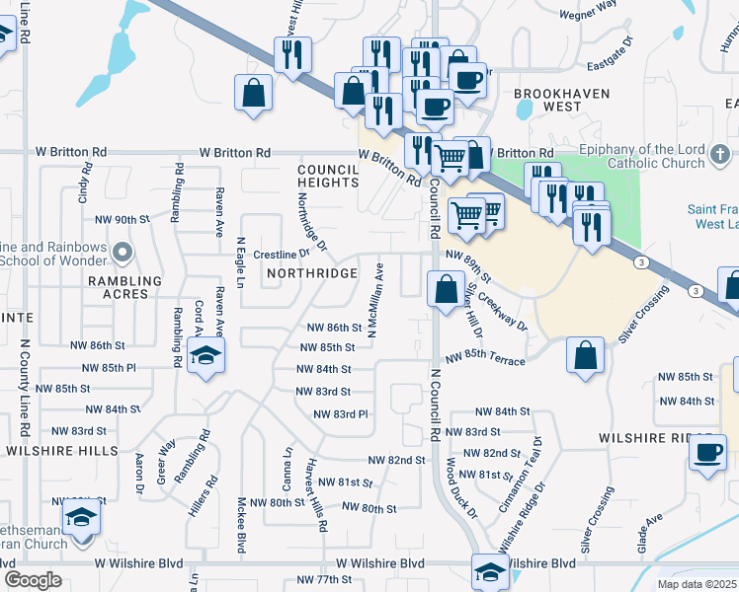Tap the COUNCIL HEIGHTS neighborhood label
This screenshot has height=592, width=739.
point(328,176)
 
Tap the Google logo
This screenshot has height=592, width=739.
point(34,579)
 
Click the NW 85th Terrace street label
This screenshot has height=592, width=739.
point(485,361)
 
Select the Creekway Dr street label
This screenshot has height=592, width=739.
point(505,305)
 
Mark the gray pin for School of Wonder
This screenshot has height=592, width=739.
point(123,254)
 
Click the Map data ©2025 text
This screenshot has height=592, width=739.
point(697,584)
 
